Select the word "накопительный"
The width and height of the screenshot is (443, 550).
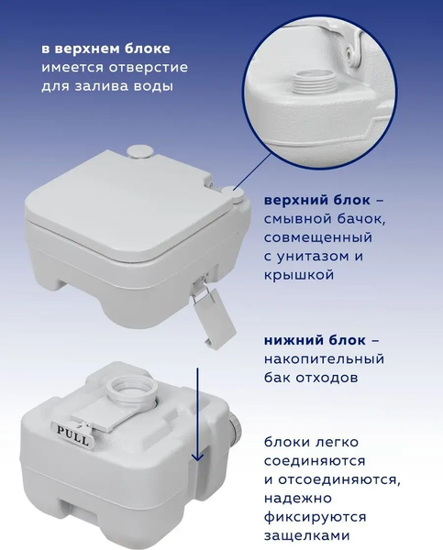(324, 357)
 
